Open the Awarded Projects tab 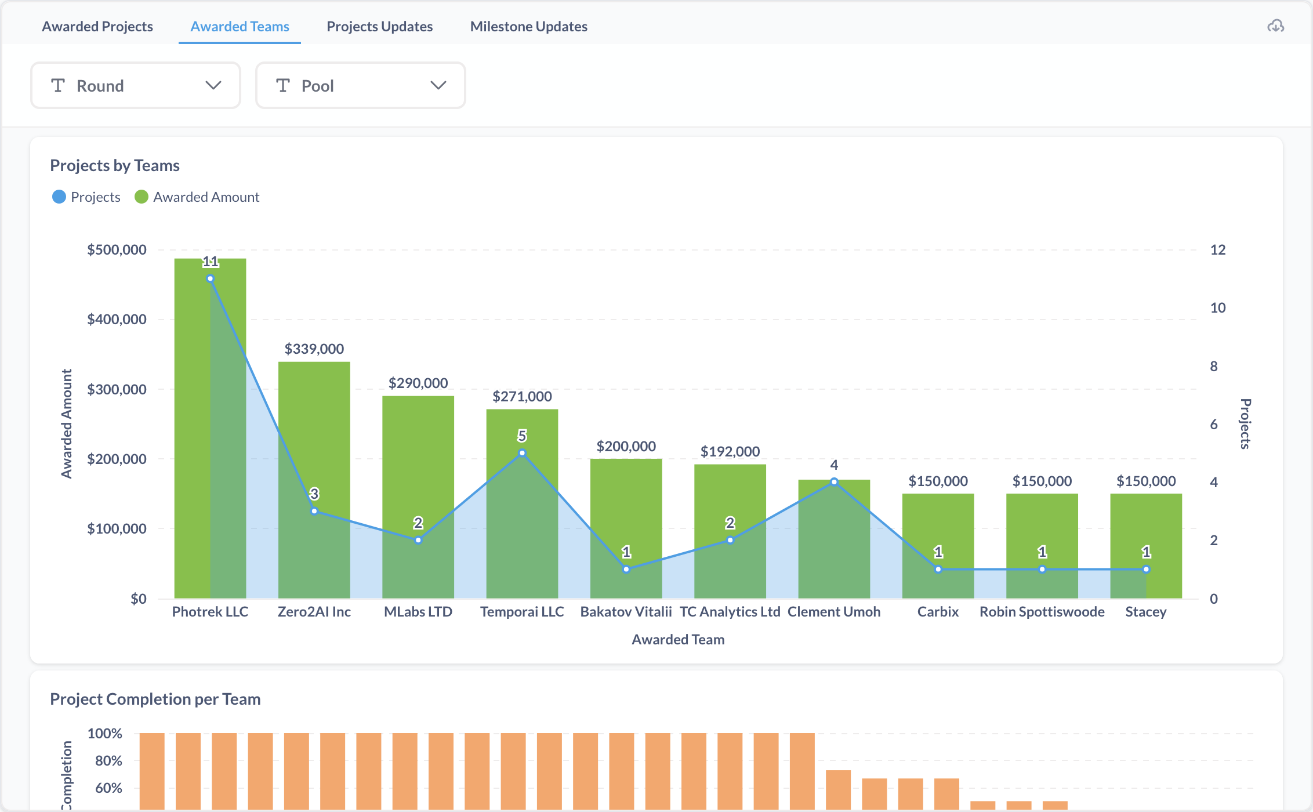coord(97,27)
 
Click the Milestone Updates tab coord(528,27)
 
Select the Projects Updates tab coord(379,27)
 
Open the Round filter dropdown coord(136,86)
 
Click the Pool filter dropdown coord(361,86)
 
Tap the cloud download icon coord(1275,26)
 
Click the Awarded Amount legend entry coord(197,197)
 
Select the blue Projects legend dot coord(59,197)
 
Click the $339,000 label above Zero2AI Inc coord(314,349)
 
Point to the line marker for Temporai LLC coord(522,453)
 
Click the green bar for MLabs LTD coord(418,497)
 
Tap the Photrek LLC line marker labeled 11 coord(211,278)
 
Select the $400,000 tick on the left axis coord(117,320)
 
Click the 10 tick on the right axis coord(1218,308)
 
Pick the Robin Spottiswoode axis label coord(1042,612)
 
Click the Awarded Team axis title coord(678,639)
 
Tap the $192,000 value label coord(730,451)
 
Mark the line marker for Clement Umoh coord(834,482)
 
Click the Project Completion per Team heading coord(155,699)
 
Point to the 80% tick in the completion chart coord(108,760)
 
